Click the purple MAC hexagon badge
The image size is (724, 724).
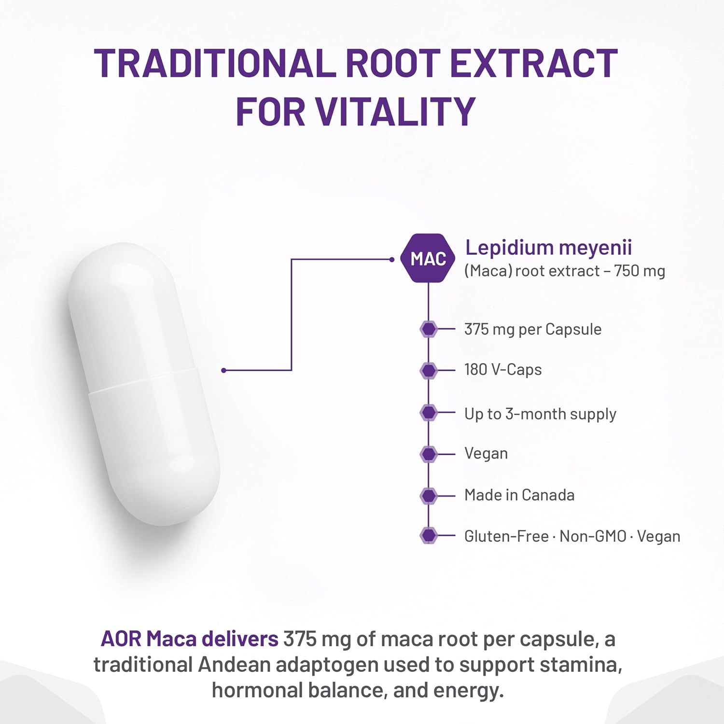[x=428, y=259]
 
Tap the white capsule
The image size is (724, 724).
[x=144, y=384]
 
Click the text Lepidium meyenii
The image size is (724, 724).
[x=548, y=248]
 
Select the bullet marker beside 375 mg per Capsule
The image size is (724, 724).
[x=429, y=329]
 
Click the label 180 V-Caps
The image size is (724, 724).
[x=503, y=370]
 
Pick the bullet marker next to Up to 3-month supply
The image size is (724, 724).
[x=429, y=413]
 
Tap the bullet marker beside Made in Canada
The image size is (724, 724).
[x=429, y=496]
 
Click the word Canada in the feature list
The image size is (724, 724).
[x=548, y=495]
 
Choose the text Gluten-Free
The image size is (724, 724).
[x=506, y=536]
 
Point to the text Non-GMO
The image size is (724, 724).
[x=593, y=536]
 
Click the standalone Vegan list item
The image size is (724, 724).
[x=486, y=454]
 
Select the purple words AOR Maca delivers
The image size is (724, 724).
[x=189, y=639]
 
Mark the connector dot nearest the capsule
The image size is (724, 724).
[x=223, y=370]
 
